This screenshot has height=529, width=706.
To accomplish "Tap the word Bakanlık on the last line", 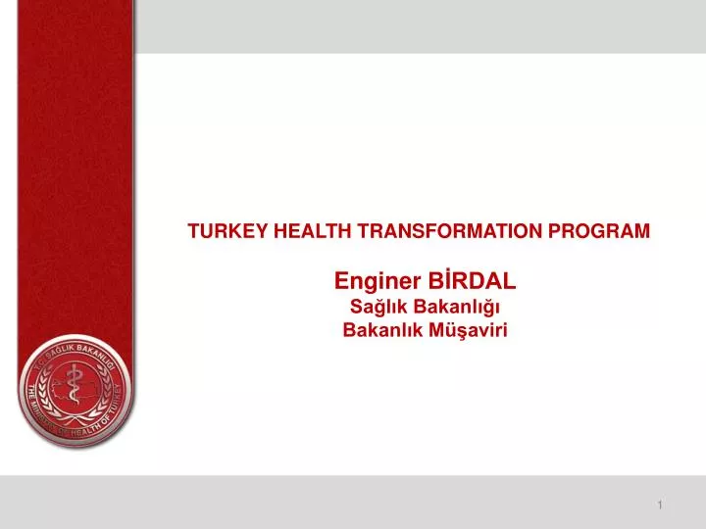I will [378, 330].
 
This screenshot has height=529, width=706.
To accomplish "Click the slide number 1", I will [661, 505].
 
